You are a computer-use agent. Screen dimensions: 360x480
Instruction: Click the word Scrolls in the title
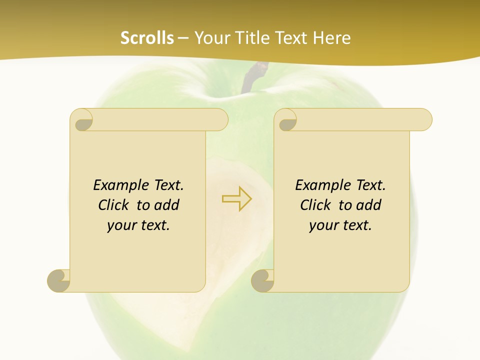point(147,38)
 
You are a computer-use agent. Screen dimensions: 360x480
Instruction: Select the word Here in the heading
point(331,38)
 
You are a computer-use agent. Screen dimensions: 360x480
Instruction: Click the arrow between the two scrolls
point(237,198)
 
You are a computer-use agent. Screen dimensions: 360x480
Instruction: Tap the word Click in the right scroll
point(316,205)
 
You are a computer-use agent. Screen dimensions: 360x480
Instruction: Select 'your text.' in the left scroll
point(138,225)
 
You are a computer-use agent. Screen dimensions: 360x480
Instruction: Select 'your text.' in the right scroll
point(340,225)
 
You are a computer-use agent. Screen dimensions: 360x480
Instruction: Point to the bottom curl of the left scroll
point(59,280)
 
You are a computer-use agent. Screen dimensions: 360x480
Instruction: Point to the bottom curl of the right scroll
point(263,280)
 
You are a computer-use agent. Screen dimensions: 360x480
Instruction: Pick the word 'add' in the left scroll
point(166,205)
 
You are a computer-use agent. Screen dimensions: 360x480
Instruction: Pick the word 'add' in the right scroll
point(368,205)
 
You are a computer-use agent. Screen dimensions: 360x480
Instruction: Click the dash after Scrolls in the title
point(183,38)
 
